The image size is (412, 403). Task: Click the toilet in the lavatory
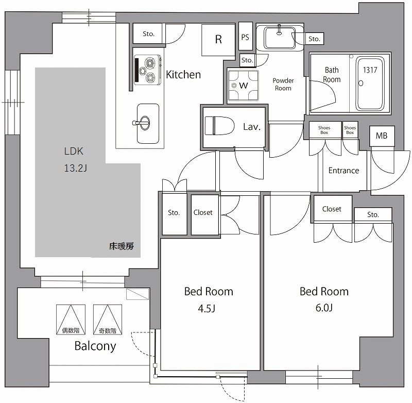220,126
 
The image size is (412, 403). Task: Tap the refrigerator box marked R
218,40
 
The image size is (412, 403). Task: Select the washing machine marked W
243,85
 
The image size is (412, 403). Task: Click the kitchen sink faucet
142,123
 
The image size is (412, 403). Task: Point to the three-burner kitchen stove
148,70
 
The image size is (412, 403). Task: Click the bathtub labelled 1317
370,83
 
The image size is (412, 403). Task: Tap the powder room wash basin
280,38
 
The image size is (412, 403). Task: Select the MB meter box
382,136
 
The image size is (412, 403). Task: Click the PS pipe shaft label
245,37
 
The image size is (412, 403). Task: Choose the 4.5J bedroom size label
207,308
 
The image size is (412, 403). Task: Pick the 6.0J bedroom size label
324,308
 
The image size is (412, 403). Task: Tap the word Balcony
95,346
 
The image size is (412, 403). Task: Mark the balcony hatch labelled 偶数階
71,320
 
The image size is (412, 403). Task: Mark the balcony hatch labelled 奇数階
108,320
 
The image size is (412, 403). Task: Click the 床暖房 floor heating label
122,246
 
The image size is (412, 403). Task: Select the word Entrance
344,171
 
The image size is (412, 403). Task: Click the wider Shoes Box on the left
325,129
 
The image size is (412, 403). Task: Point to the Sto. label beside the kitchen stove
148,34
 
